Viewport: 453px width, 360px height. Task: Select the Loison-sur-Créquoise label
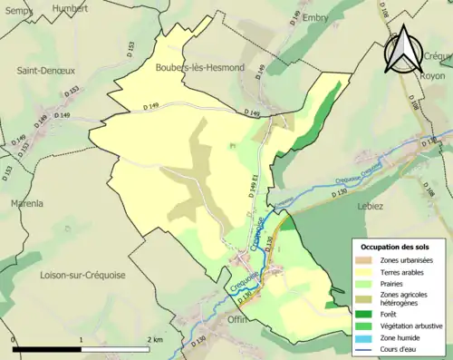coord(82,273)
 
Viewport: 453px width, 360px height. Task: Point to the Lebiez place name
coord(371,207)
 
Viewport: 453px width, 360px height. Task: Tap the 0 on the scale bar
coord(14,340)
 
